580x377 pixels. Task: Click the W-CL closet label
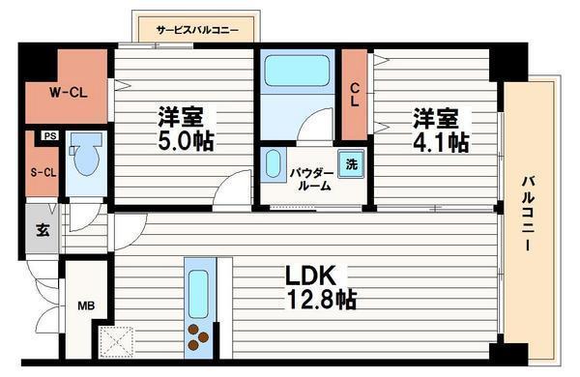click(x=69, y=92)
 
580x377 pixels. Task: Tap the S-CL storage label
click(x=43, y=172)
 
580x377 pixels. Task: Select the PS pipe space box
click(x=50, y=135)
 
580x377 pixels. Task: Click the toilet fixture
click(x=86, y=154)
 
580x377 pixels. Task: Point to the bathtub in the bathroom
click(x=297, y=71)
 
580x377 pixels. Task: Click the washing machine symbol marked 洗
click(x=352, y=164)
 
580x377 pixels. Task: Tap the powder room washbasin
click(x=273, y=164)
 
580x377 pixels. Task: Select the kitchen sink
click(x=198, y=294)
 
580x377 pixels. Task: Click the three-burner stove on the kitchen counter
click(x=198, y=337)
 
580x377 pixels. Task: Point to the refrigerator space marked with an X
click(x=116, y=341)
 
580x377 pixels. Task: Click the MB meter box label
click(x=86, y=306)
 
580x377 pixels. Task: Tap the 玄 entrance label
click(x=43, y=230)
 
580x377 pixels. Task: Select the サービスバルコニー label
click(x=197, y=30)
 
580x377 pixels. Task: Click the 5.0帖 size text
click(x=186, y=141)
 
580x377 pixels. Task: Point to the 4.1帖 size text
click(x=441, y=142)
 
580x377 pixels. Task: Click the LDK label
click(x=310, y=275)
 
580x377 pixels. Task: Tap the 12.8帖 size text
click(x=321, y=299)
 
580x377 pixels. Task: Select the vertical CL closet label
click(x=355, y=95)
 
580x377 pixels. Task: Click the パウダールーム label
click(x=311, y=180)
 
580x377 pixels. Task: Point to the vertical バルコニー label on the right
click(x=529, y=213)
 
